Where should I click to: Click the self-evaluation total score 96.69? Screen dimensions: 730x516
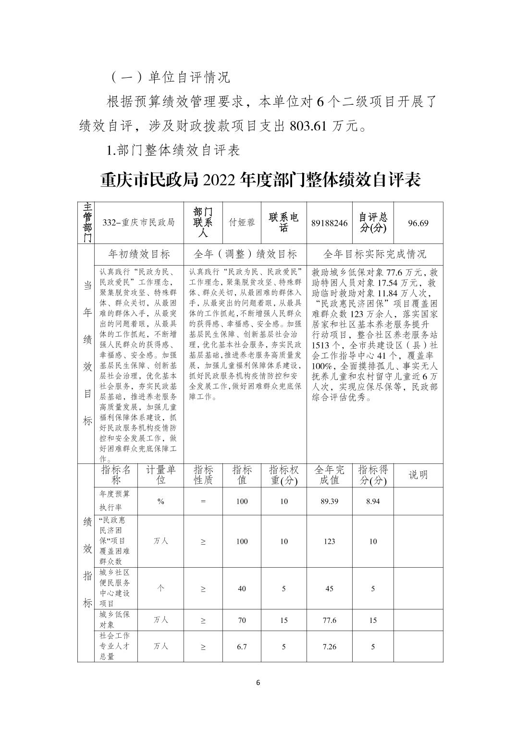[x=418, y=223]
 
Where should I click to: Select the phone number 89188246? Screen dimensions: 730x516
[x=329, y=223]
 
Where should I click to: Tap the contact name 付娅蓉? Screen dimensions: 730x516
[x=242, y=223]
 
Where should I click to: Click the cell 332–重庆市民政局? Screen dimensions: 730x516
[x=139, y=223]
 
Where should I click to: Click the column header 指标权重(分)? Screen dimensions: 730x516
[x=283, y=475]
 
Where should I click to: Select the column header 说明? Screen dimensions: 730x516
[x=418, y=475]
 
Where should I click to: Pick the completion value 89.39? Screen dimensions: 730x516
[x=329, y=501]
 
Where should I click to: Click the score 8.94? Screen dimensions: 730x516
[x=373, y=501]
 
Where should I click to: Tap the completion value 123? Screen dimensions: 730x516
[x=329, y=541]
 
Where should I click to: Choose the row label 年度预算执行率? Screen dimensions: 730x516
[x=111, y=500]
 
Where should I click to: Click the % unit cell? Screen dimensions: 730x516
[x=160, y=501]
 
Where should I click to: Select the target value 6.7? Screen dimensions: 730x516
[x=242, y=646]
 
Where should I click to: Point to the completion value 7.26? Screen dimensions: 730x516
[x=329, y=646]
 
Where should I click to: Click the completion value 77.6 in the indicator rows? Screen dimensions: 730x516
[x=329, y=620]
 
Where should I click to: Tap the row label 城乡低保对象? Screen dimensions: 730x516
[x=111, y=620]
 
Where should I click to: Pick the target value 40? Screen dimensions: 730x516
[x=242, y=589]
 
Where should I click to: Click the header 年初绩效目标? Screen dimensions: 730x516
[x=139, y=254]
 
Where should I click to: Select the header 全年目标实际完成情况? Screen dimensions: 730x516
[x=375, y=254]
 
